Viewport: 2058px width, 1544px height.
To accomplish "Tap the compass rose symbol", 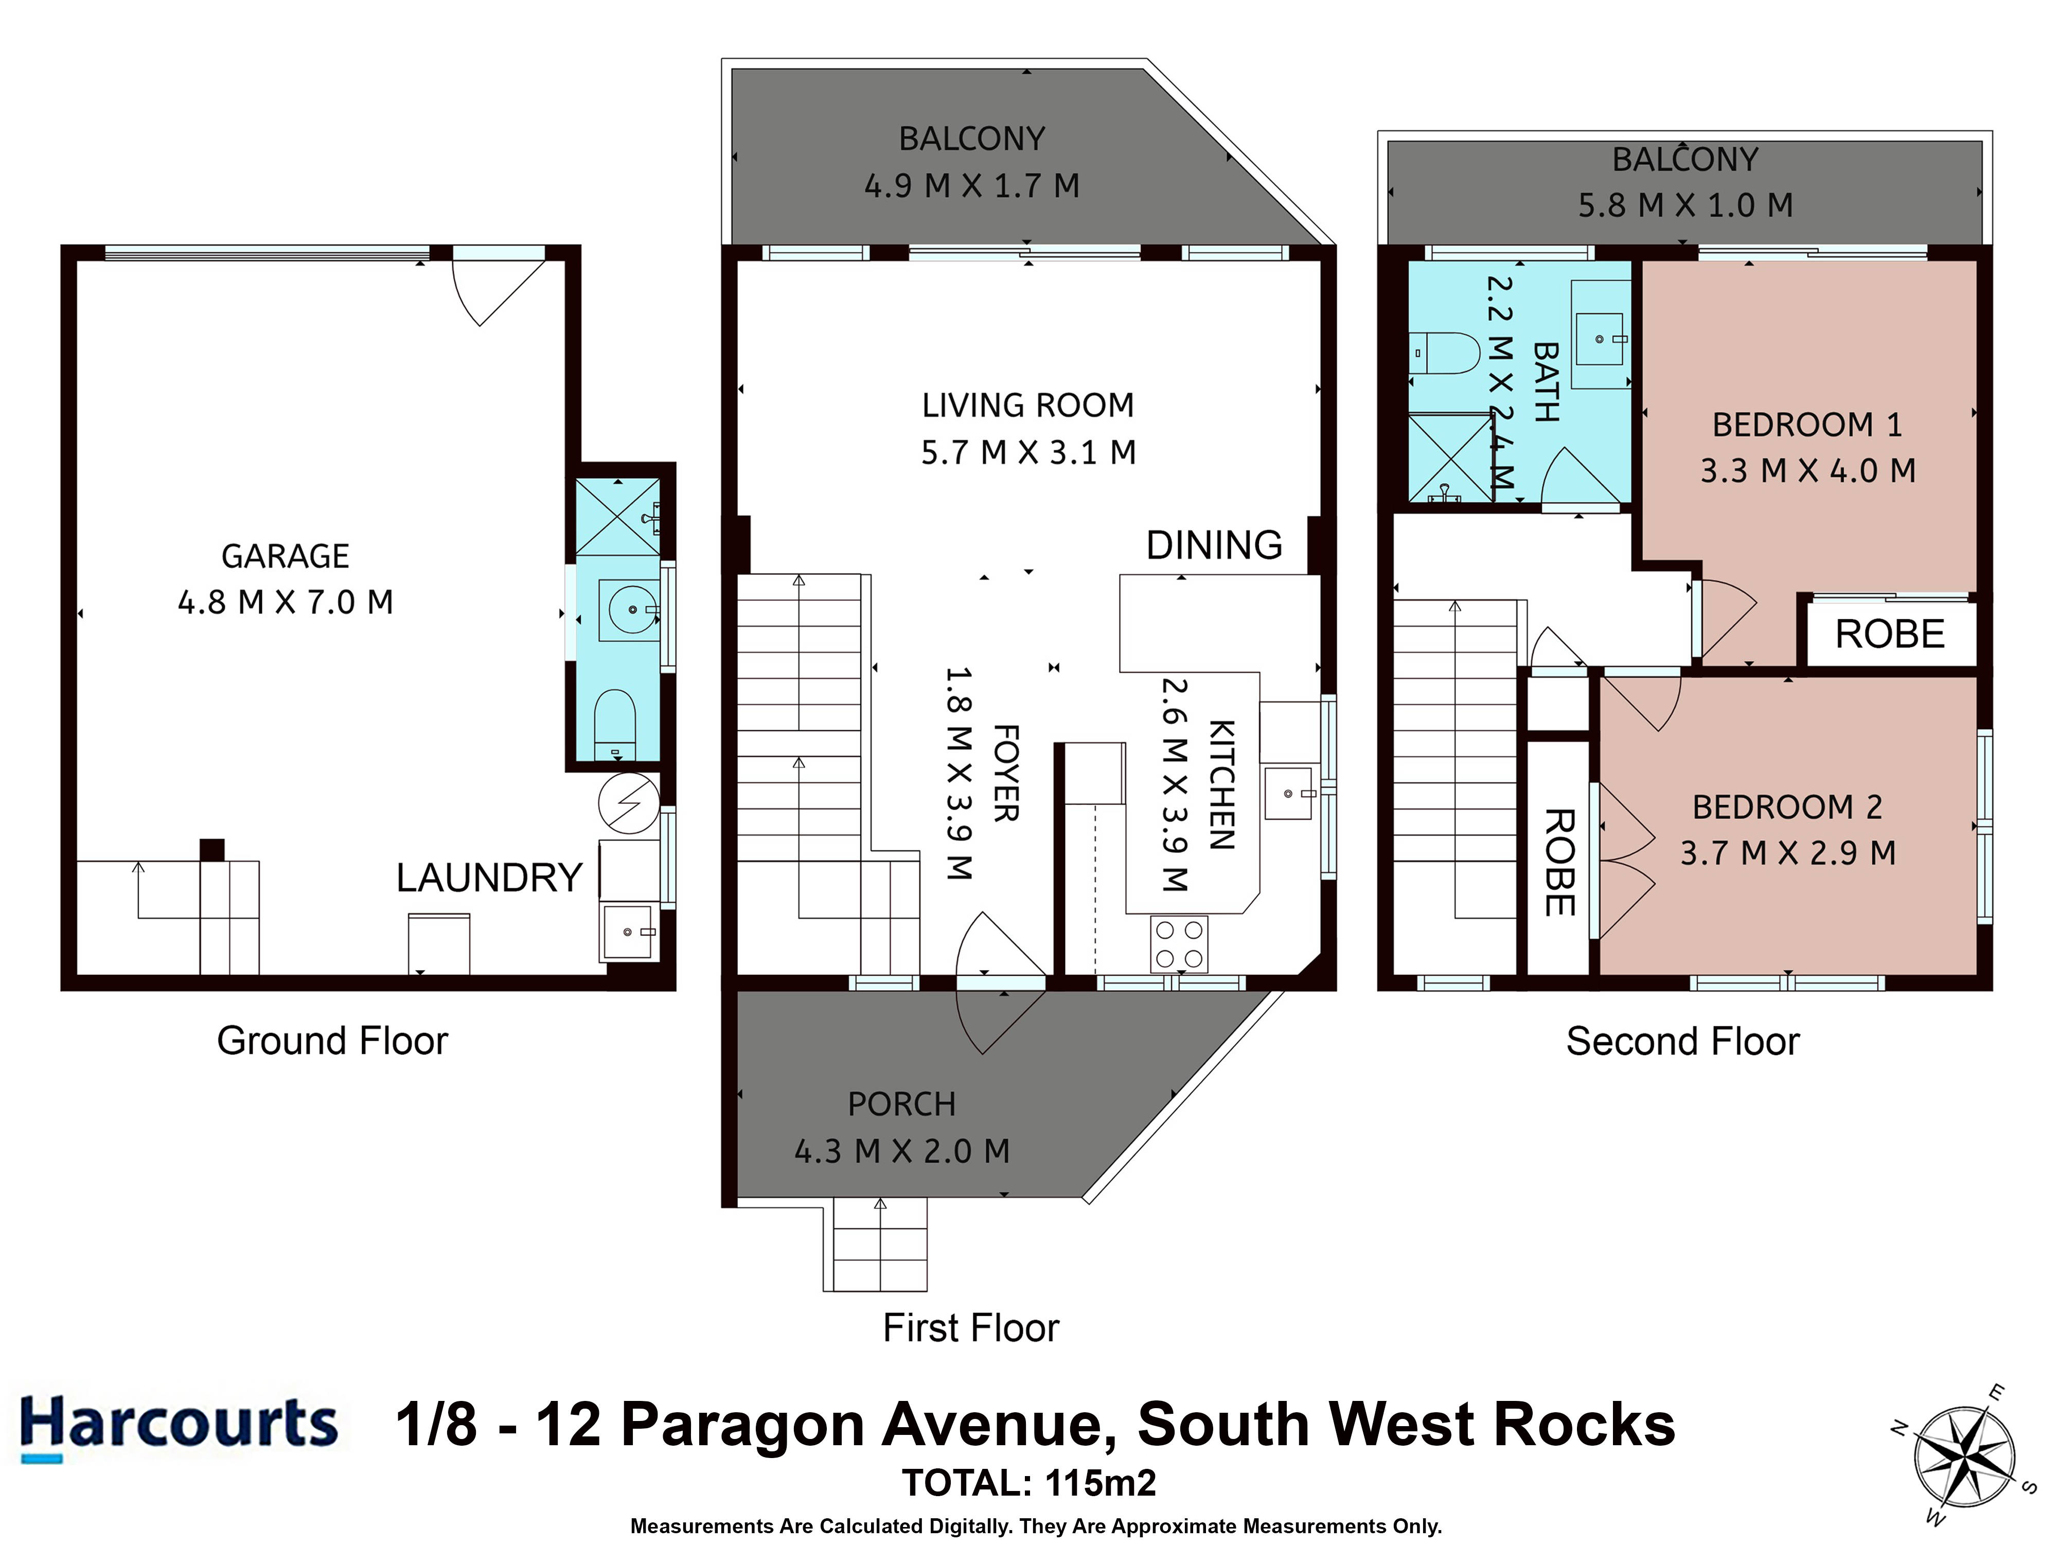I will coord(1964,1457).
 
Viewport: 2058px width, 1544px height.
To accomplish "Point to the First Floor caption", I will coord(970,1328).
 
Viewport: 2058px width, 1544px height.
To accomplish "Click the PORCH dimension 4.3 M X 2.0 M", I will coord(901,1151).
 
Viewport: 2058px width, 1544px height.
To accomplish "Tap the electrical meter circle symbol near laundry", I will coord(629,802).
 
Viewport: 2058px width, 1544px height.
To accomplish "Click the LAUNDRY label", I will coord(489,878).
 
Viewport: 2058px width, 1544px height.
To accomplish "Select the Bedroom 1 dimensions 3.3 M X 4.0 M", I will coord(1807,470).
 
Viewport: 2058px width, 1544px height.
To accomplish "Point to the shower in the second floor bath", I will coord(1449,458).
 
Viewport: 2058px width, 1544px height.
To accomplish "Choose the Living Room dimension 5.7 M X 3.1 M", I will coord(1028,452).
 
